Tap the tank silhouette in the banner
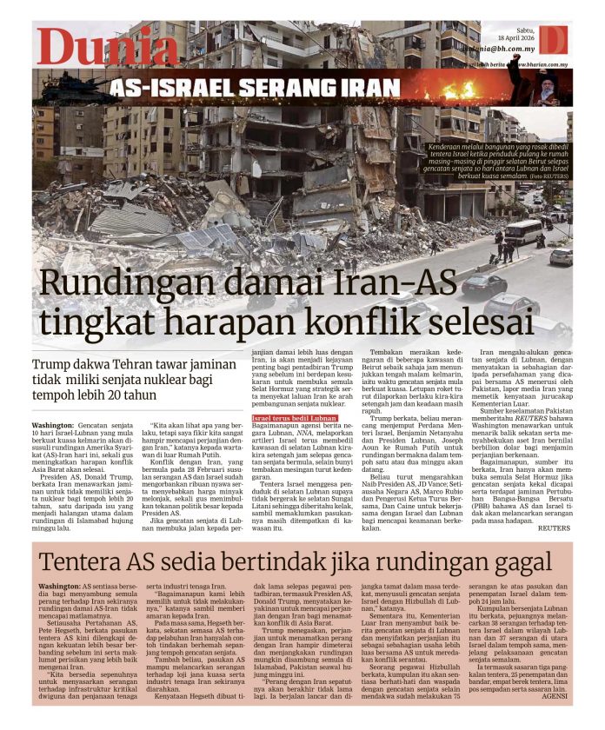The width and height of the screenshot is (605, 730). [69, 88]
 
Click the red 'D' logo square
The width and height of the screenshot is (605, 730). [553, 40]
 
